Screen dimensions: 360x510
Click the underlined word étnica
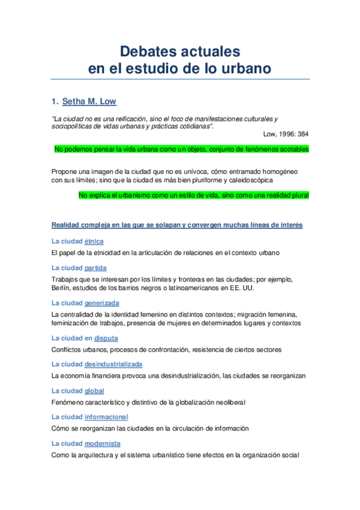[94, 241]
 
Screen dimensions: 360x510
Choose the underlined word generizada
[102, 303]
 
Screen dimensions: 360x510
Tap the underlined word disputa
[106, 338]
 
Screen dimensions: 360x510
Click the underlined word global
[94, 391]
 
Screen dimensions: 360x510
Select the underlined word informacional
[106, 417]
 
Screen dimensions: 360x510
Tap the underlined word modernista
[102, 443]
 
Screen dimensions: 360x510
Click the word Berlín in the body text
[61, 288]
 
